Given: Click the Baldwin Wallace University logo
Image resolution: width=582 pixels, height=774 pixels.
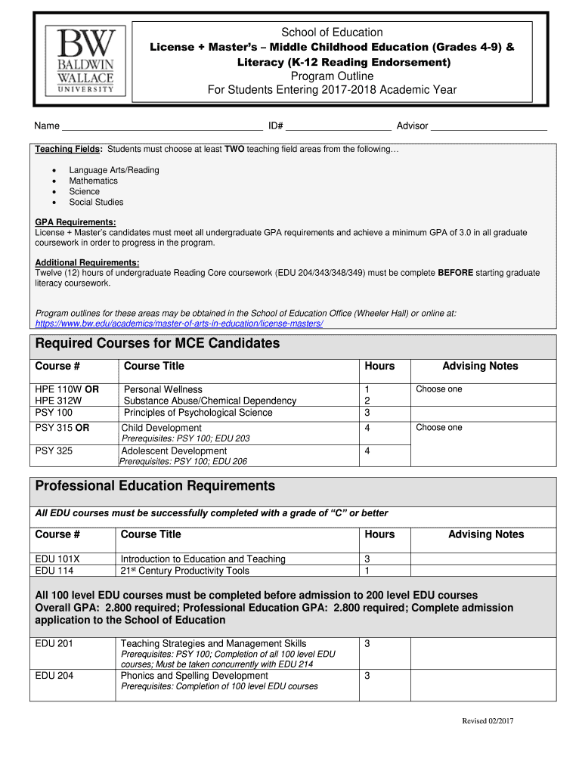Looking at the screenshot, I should [x=82, y=60].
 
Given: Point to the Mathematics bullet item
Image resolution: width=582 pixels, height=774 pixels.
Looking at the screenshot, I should [x=93, y=181].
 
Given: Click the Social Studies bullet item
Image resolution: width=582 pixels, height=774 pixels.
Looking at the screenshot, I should [x=96, y=202].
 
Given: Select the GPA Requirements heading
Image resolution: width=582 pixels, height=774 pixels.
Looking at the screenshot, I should [x=76, y=222].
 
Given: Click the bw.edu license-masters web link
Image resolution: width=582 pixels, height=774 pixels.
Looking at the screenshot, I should [x=179, y=324].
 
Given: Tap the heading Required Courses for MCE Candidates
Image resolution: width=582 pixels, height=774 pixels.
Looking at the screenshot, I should [x=157, y=344].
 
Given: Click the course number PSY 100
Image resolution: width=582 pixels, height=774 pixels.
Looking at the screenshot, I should [x=54, y=413].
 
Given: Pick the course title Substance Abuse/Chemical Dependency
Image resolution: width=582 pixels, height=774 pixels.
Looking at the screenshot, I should [x=210, y=401].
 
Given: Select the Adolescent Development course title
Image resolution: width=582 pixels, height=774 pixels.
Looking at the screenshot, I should [x=174, y=451].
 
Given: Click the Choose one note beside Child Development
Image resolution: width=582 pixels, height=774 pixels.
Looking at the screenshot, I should [x=438, y=428].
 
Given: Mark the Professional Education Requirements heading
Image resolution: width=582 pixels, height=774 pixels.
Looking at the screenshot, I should [x=155, y=486].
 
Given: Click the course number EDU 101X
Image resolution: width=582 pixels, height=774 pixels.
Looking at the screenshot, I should [x=57, y=559].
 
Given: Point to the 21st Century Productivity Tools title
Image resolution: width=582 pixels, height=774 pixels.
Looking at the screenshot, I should [x=184, y=571].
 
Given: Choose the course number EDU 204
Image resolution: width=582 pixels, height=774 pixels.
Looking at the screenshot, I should [x=54, y=676].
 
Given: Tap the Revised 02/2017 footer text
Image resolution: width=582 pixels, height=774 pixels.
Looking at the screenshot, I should [x=488, y=721].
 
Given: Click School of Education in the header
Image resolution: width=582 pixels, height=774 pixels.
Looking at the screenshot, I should [x=332, y=33].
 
